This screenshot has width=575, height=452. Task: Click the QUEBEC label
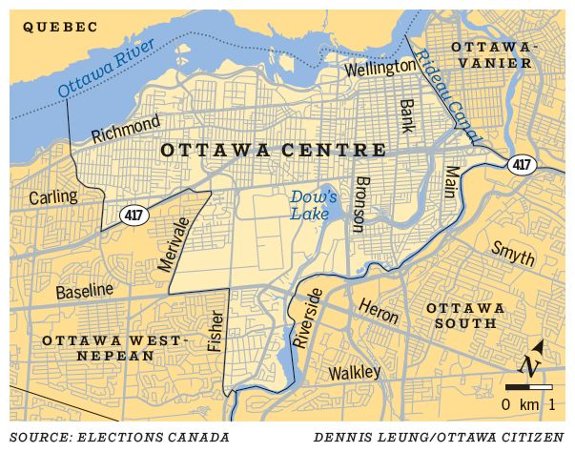click(60, 28)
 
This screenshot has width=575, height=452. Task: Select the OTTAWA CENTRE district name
click(274, 151)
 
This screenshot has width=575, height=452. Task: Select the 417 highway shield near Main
click(521, 164)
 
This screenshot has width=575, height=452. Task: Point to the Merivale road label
click(175, 244)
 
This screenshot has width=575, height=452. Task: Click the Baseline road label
click(84, 289)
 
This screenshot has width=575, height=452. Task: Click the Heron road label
click(379, 311)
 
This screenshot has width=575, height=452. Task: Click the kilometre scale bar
click(528, 387)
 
